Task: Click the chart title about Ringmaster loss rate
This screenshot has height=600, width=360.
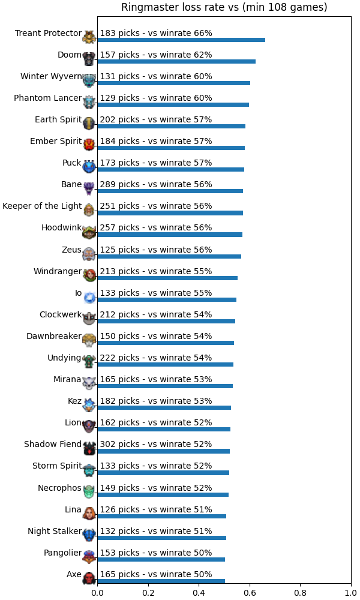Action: pos(224,7)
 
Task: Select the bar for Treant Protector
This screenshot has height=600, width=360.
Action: pos(181,40)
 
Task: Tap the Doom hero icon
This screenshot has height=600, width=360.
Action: pos(89,59)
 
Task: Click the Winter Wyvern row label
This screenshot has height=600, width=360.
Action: pos(51,77)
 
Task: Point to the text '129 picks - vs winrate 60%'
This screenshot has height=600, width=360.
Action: pos(156,98)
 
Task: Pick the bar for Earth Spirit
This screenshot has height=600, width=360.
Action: pos(172,126)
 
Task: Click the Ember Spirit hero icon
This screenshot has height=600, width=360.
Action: pos(89,145)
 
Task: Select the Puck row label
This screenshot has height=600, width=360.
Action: pos(72,163)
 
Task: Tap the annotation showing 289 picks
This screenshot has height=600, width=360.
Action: pos(156,184)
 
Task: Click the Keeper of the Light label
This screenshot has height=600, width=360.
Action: pos(42,206)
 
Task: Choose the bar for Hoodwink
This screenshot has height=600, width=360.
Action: pos(170,235)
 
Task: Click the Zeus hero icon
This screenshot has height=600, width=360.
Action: pos(89,253)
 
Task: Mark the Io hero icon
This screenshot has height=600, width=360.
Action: pos(89,297)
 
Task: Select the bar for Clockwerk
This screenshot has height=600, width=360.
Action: pos(166,321)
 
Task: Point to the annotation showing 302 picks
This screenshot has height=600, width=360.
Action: pos(156,444)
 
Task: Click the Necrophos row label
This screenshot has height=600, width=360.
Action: pos(59,488)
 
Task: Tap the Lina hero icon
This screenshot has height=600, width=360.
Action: pos(89,513)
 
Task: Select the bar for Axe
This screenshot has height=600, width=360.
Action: pos(161,581)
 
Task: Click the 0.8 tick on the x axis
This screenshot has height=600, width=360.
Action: pos(301,593)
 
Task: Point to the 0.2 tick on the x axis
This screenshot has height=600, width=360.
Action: pos(148,593)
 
